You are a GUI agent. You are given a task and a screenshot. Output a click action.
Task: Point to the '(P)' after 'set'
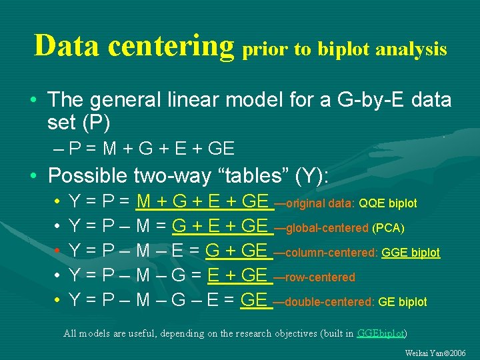click(x=97, y=123)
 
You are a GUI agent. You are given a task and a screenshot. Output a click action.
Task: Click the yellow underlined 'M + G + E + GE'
click(x=202, y=201)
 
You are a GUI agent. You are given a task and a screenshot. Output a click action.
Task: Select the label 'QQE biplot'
click(x=388, y=203)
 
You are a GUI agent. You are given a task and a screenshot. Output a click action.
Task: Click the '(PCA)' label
click(x=388, y=228)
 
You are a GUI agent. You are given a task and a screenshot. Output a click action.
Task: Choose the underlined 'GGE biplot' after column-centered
click(x=411, y=253)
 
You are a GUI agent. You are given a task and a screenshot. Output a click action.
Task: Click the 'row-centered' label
click(x=319, y=277)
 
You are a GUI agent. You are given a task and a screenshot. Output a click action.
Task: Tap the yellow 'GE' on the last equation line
click(x=254, y=301)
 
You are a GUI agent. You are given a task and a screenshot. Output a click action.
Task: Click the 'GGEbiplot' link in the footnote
click(x=381, y=333)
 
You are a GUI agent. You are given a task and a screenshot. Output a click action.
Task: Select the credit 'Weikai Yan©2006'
click(x=435, y=352)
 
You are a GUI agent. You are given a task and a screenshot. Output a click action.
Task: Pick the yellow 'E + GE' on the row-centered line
click(x=238, y=275)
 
